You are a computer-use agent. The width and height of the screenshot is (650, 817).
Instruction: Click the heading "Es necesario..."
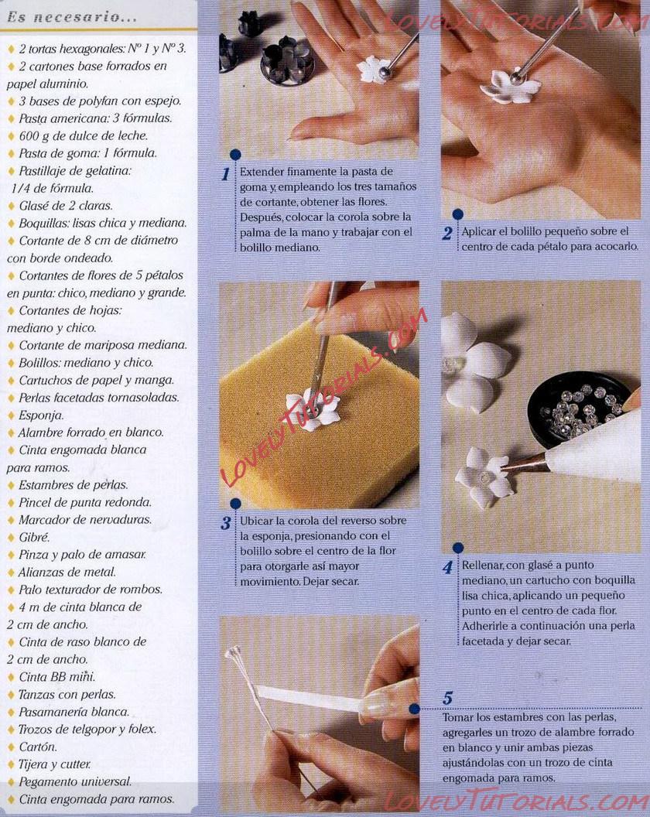coord(72,17)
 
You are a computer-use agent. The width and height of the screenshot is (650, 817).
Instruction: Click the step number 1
coord(226,174)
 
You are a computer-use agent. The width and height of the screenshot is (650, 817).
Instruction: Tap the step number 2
coord(447,233)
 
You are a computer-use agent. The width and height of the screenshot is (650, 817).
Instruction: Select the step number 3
coord(226,522)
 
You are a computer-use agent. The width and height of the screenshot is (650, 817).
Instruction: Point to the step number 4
coord(448,567)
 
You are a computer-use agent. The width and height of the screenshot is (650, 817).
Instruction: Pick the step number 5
coord(448,698)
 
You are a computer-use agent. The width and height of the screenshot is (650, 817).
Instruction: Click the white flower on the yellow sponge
coord(313,411)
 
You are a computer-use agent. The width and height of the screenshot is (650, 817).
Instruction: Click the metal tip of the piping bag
coord(525,462)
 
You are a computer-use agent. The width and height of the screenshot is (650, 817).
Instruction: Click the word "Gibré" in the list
coord(34,537)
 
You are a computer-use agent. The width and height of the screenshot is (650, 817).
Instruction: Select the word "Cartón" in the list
coord(38,747)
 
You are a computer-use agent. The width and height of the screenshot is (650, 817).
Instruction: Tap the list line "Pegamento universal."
coord(75,781)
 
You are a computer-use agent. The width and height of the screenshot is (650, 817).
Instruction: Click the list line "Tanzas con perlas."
coord(67,694)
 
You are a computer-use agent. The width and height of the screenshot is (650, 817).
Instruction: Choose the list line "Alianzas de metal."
coord(67,572)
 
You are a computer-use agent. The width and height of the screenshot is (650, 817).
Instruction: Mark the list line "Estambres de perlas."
coord(73,484)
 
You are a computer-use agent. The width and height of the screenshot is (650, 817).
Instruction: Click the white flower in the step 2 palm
coord(511,87)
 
